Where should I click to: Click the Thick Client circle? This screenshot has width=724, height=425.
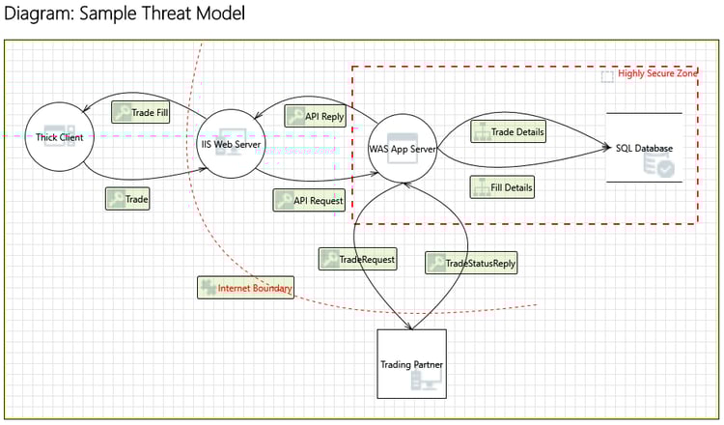pyautogui.click(x=59, y=137)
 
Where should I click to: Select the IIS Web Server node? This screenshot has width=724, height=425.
pyautogui.click(x=231, y=144)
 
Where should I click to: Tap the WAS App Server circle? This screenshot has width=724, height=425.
pyautogui.click(x=403, y=149)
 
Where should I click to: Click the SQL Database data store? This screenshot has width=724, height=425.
pyautogui.click(x=644, y=148)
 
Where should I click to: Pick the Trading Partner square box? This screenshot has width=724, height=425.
pyautogui.click(x=412, y=363)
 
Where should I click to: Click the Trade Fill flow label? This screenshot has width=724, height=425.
pyautogui.click(x=141, y=112)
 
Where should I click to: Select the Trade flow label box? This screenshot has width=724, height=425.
pyautogui.click(x=127, y=199)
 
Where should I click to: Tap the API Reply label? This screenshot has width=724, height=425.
pyautogui.click(x=315, y=116)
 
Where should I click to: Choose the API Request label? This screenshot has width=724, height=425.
pyautogui.click(x=309, y=201)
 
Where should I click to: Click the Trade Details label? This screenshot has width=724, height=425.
pyautogui.click(x=508, y=131)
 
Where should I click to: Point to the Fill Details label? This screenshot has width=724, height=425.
pyautogui.click(x=502, y=187)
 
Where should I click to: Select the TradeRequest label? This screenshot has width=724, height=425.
pyautogui.click(x=358, y=259)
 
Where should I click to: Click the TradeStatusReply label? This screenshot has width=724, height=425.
pyautogui.click(x=471, y=263)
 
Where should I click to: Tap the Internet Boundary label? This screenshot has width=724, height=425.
pyautogui.click(x=245, y=288)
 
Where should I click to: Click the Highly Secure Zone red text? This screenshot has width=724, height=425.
pyautogui.click(x=657, y=73)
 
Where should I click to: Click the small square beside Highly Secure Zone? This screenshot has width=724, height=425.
pyautogui.click(x=607, y=76)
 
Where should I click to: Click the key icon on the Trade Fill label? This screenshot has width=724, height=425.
pyautogui.click(x=122, y=112)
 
